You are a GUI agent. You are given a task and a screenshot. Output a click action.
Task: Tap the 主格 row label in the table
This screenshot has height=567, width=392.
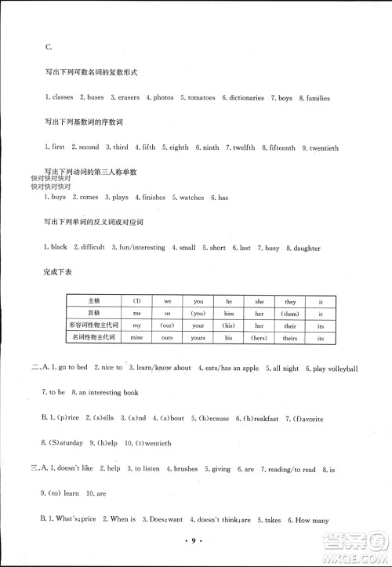(x=95, y=300)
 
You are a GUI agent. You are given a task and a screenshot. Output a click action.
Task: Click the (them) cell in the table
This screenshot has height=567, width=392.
(x=257, y=313)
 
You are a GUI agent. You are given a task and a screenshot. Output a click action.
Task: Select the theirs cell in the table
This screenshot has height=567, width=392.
(x=290, y=337)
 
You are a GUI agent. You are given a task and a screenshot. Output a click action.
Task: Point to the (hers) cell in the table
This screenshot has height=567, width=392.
(x=257, y=337)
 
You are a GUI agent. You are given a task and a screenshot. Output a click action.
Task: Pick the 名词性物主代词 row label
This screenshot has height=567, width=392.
(x=94, y=337)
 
